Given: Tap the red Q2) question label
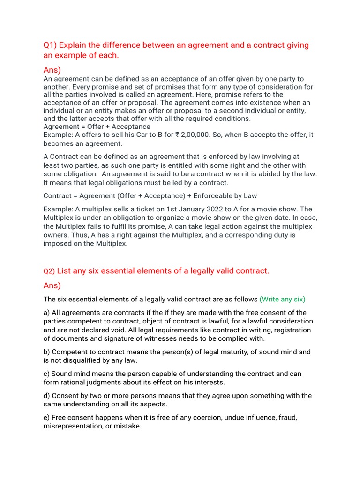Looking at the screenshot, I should [49, 271].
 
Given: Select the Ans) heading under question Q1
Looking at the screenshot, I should [52, 70].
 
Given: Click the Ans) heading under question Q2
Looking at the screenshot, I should [52, 285].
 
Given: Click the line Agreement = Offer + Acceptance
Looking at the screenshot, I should [97, 127].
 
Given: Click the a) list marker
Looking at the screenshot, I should [47, 313].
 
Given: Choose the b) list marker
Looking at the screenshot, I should [47, 352].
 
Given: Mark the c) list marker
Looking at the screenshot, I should [47, 374].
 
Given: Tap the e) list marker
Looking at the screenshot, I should [47, 418].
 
